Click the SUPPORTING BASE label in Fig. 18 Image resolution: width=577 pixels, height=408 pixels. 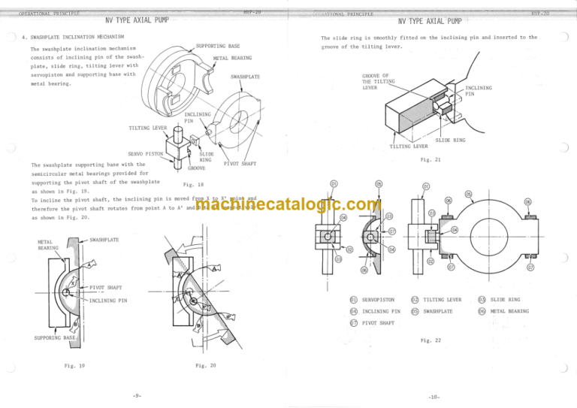click(217, 46)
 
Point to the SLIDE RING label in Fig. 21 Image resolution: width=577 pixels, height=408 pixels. click(450, 141)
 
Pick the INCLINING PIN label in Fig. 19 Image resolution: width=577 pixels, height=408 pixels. click(110, 301)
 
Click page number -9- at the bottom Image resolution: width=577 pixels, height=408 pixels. click(136, 395)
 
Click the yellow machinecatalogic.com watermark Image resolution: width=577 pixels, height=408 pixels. click(288, 204)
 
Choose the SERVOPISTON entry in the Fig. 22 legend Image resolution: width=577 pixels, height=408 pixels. click(378, 300)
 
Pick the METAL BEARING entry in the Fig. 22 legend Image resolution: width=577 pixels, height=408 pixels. click(509, 310)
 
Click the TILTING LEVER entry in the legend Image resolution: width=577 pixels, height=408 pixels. click(443, 300)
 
